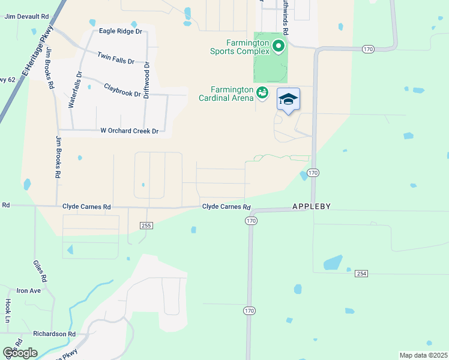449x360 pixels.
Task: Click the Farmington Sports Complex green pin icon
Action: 278,46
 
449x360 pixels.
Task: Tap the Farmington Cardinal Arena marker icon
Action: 262,92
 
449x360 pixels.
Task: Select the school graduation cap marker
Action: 288,100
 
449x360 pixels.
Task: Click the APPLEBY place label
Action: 312,206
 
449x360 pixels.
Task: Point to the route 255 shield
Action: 147,225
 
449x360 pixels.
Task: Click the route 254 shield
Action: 361,273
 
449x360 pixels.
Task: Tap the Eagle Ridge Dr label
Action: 121,31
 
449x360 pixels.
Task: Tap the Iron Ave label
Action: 28,290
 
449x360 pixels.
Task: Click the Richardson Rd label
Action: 54,334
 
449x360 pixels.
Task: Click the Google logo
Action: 20,353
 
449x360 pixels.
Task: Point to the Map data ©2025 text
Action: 423,355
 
